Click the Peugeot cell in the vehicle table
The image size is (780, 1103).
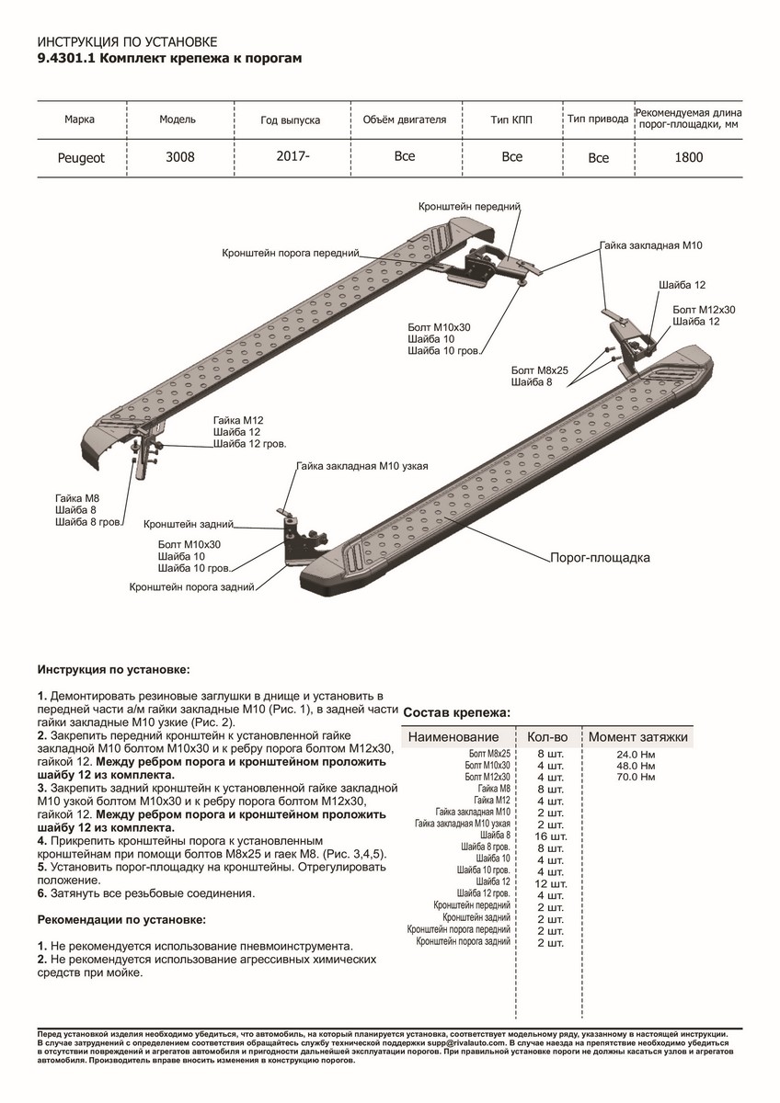[81, 158]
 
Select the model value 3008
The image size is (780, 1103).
[180, 157]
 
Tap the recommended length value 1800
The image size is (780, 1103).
[688, 157]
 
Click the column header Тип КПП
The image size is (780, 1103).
[511, 119]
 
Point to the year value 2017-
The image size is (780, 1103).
[292, 156]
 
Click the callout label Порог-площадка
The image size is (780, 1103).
[600, 558]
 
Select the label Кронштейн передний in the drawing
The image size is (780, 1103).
[469, 206]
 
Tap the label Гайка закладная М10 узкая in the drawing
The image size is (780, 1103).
[362, 466]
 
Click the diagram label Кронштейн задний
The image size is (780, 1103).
[189, 524]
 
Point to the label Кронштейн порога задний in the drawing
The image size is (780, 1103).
[191, 587]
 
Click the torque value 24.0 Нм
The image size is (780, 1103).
[636, 755]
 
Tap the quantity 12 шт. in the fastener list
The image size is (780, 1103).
[551, 884]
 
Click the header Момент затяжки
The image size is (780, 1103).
[638, 737]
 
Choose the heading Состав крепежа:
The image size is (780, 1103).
[457, 712]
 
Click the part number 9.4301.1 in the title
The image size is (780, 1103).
[67, 58]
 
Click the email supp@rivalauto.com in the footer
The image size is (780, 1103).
[466, 1043]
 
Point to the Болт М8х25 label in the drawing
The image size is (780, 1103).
[540, 370]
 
